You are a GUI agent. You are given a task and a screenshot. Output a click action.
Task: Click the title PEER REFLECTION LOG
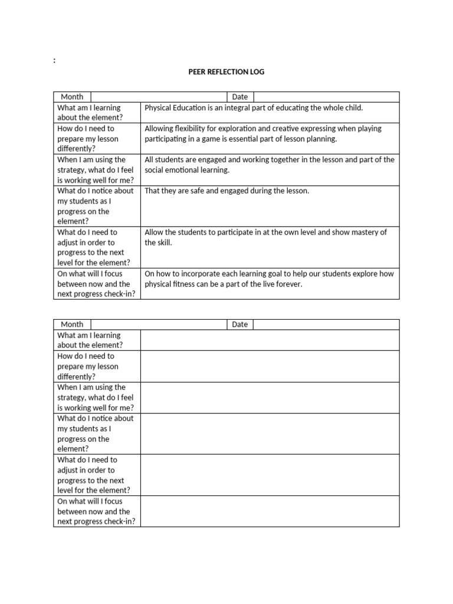pyautogui.click(x=226, y=72)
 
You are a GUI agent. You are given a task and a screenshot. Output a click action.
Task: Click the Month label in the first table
pyautogui.click(x=72, y=97)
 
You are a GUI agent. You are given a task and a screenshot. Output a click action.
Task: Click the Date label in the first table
pyautogui.click(x=240, y=97)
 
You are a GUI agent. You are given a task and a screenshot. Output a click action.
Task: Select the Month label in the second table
pyautogui.click(x=72, y=324)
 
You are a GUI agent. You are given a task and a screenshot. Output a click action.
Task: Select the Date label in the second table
pyautogui.click(x=240, y=324)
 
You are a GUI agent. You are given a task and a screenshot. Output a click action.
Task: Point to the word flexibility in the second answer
pyautogui.click(x=187, y=129)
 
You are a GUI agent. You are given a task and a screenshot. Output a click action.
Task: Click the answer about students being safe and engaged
pyautogui.click(x=226, y=191)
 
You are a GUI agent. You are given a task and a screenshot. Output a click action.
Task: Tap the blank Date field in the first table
pyautogui.click(x=326, y=97)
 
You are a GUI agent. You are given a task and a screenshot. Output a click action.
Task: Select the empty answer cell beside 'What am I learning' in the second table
pyautogui.click(x=270, y=340)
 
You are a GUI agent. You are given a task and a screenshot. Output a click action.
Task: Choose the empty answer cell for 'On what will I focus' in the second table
pyautogui.click(x=270, y=511)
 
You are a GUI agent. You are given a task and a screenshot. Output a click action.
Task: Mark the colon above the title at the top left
pyautogui.click(x=54, y=61)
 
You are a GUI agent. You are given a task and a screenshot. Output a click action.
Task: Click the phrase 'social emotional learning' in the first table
pyautogui.click(x=187, y=170)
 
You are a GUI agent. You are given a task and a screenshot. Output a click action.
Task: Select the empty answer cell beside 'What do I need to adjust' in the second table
pyautogui.click(x=270, y=475)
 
